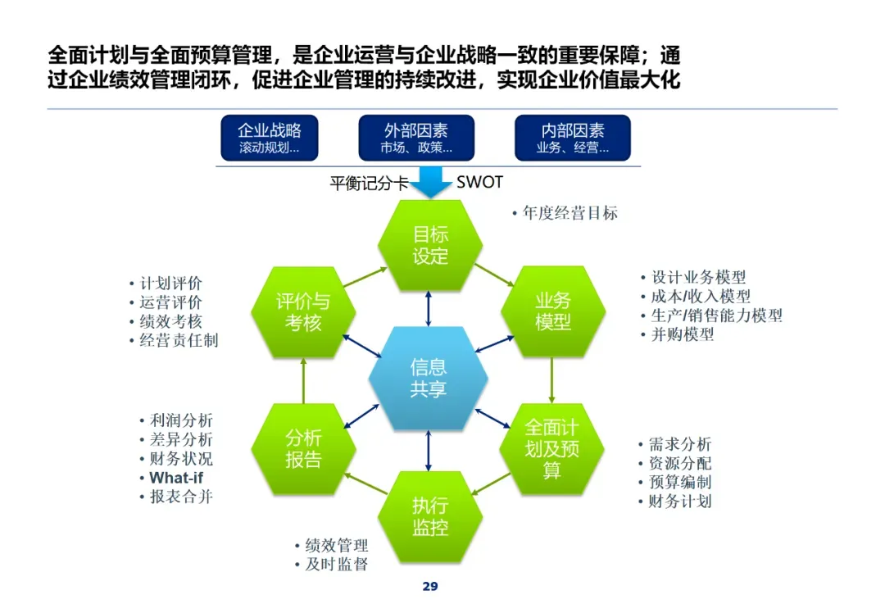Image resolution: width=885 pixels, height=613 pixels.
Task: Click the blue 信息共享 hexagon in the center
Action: (x=429, y=378)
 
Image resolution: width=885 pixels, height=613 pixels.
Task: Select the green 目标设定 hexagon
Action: (x=430, y=245)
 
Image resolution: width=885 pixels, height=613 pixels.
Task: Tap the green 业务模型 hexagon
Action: (x=553, y=311)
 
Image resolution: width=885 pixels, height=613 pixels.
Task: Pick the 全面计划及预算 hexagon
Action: (x=551, y=448)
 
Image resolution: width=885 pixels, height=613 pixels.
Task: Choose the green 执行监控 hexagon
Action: (x=430, y=516)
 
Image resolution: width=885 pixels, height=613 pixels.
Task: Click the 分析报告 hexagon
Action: (x=303, y=448)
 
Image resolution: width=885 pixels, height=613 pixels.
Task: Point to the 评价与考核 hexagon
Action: (x=303, y=312)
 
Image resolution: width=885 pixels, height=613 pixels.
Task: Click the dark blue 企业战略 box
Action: (x=269, y=138)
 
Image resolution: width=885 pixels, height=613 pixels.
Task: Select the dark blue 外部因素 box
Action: (x=416, y=138)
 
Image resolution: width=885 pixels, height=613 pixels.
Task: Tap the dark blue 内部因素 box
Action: (x=572, y=138)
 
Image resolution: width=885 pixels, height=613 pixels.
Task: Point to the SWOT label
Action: (x=479, y=182)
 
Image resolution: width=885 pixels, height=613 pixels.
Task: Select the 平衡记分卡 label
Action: (x=369, y=183)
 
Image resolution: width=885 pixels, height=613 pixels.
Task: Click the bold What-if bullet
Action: (x=175, y=478)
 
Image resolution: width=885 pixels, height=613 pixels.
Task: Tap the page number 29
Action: (x=430, y=586)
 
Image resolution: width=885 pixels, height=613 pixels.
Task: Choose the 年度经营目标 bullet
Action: (x=570, y=213)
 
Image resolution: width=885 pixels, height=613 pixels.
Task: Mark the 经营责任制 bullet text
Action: (x=179, y=340)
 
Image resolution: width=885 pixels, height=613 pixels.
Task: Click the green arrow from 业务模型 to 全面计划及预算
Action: (x=551, y=379)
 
